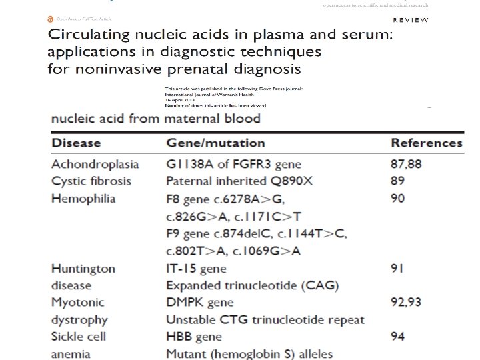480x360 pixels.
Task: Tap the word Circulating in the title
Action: coord(90,37)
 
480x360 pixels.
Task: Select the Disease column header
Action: coord(76,143)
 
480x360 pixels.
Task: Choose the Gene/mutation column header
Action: coord(215,143)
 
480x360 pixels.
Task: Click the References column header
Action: coord(426,143)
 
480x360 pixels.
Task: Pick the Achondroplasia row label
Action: coord(95,164)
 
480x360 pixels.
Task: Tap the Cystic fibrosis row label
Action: coord(91,181)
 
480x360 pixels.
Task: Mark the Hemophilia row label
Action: coord(83,199)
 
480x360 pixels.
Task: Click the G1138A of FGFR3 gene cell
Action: coord(233,164)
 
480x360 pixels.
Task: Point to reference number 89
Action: coord(398,181)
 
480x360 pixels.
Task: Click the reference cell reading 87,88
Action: coord(406,164)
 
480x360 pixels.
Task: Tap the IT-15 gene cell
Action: coord(196,269)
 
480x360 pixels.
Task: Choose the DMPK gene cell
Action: coord(200,303)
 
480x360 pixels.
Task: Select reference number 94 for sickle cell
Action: coord(398,337)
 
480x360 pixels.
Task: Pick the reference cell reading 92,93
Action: coord(406,303)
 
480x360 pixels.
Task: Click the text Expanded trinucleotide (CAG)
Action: coord(253,286)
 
